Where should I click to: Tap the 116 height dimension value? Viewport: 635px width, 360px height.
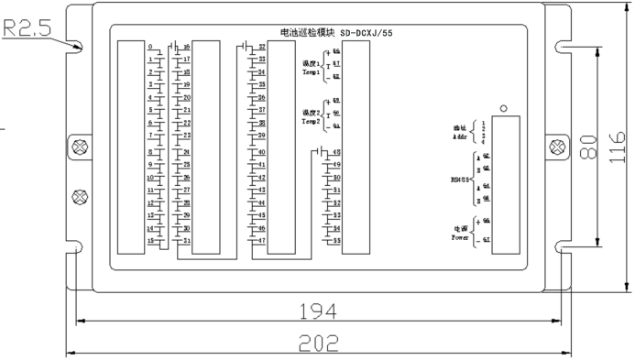620,145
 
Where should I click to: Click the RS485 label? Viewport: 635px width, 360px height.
462,180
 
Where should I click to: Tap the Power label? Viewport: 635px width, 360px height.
461,235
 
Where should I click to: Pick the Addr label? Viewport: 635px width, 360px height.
461,134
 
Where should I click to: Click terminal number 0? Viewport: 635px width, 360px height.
149,47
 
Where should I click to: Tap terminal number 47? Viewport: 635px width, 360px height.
262,241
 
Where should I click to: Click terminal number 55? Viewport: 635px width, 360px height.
336,241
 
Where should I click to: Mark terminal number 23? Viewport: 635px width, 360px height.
187,135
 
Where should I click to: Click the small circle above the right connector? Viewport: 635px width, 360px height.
503,108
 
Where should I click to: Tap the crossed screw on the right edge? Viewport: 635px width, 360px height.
554,147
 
